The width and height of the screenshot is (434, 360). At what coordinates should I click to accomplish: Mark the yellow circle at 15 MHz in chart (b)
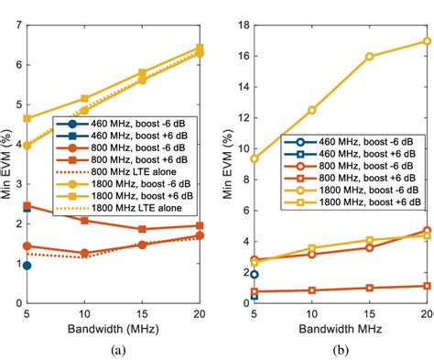[370, 57]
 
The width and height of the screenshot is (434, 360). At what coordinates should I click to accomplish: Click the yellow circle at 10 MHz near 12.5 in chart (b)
[311, 110]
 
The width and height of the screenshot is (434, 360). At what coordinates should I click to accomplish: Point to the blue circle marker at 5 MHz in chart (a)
[27, 266]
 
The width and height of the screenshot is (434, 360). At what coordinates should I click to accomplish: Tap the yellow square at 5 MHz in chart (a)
[27, 118]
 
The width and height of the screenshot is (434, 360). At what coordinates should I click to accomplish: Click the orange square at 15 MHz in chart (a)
[142, 229]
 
